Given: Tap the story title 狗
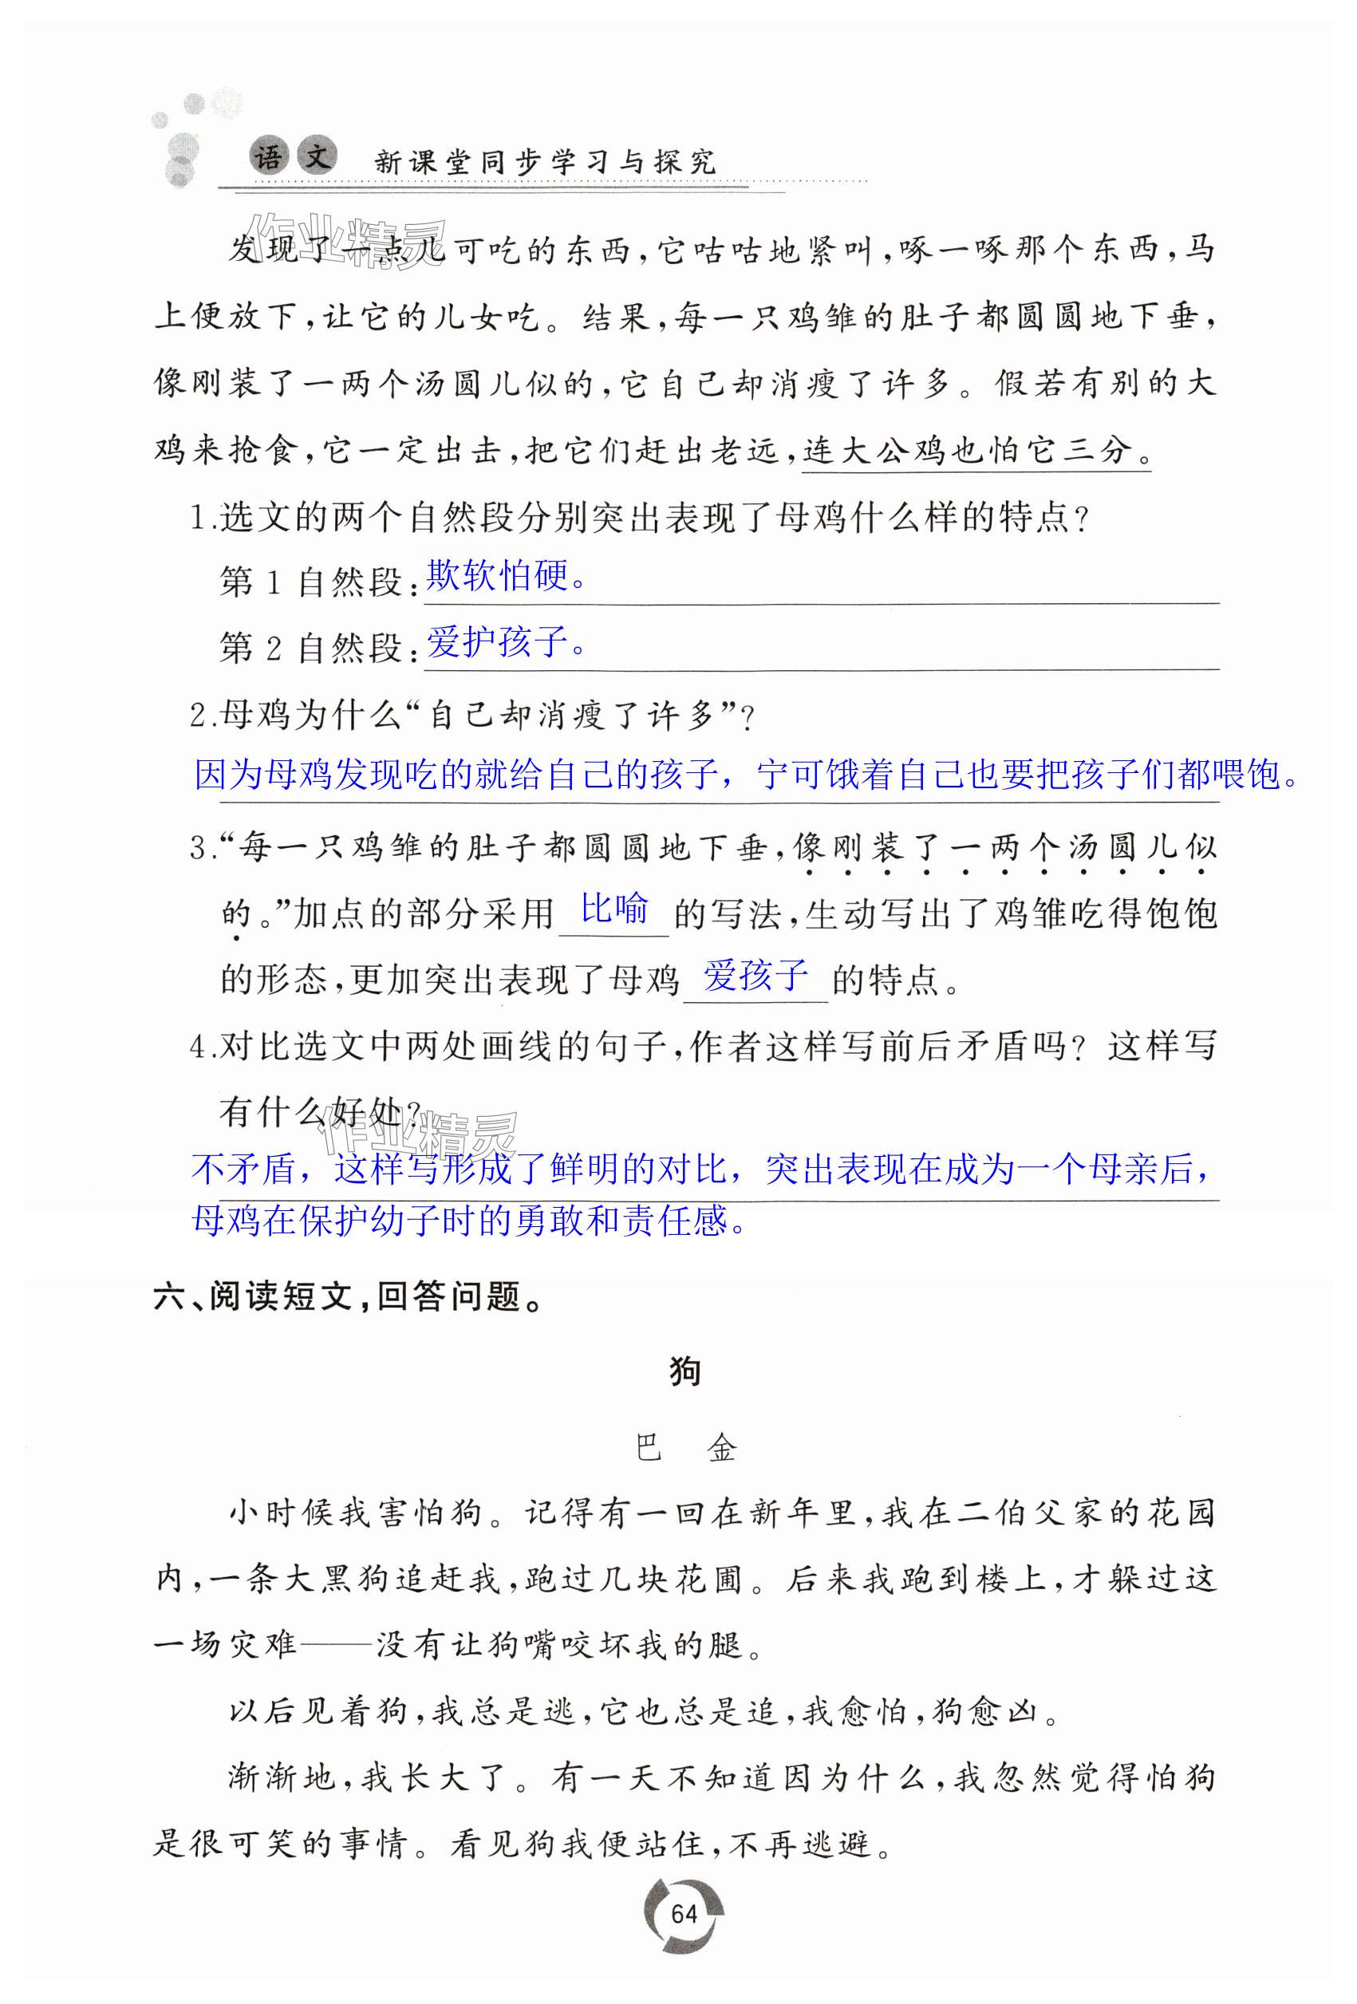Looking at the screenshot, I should click(x=685, y=1372).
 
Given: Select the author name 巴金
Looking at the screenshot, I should click(x=685, y=1448).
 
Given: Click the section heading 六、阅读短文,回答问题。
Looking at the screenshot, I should click(x=349, y=1297).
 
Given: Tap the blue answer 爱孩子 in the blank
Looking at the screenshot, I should click(x=755, y=975).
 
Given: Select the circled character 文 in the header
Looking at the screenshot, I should click(x=317, y=157).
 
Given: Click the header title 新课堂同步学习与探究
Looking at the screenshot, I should click(x=545, y=161).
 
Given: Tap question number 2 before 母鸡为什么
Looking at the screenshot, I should click(x=201, y=716).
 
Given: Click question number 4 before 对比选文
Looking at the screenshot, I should click(x=201, y=1047).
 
